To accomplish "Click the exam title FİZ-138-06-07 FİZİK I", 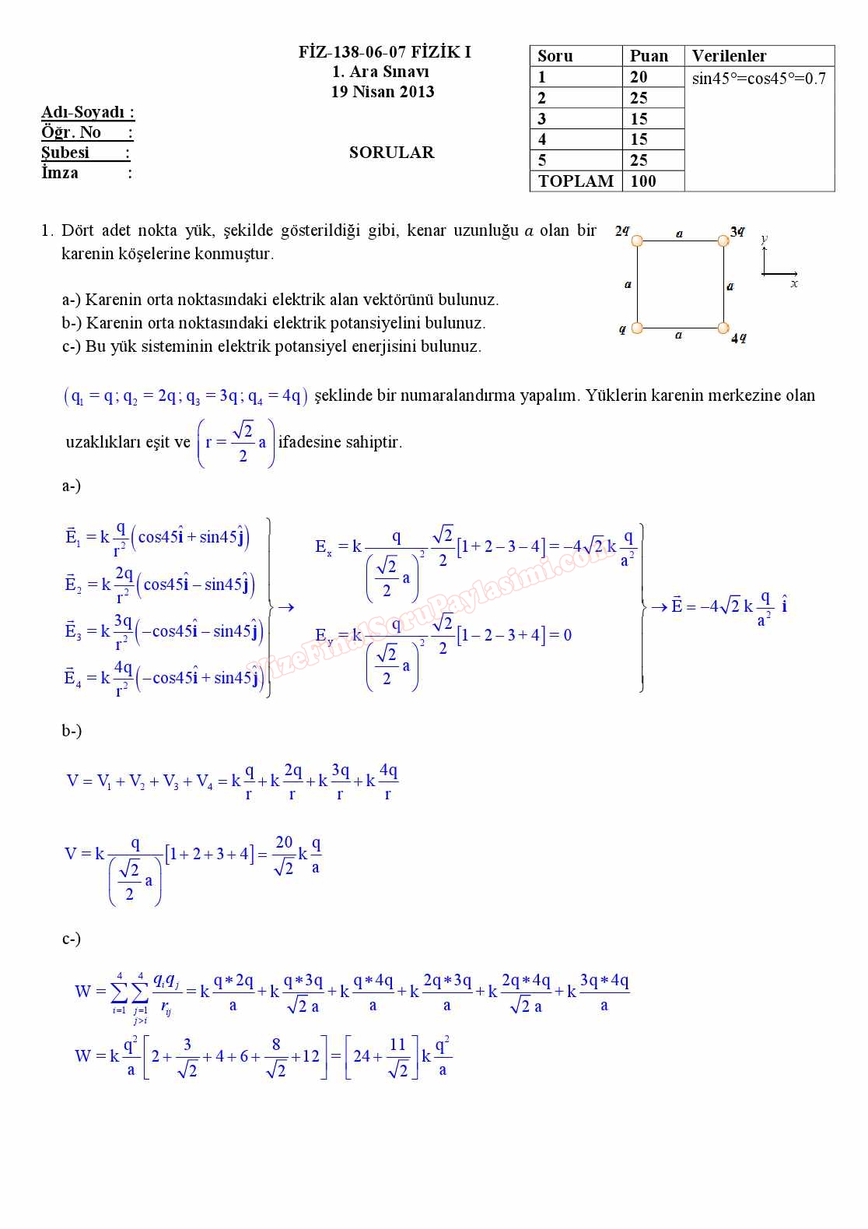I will point(385,52).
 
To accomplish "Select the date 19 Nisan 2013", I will point(383,92).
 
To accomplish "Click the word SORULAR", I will point(391,153).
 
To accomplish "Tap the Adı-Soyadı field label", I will point(87,112).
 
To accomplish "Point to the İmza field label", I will point(60,173).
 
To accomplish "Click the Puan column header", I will point(649,56).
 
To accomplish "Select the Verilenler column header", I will point(729,56).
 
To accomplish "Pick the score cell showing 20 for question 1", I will point(639,77).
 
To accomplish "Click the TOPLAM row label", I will point(576,181).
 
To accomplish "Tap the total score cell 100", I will point(643,181).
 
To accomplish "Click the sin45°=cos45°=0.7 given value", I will point(758,79).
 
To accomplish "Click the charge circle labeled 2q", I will point(637,241).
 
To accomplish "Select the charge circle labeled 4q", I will point(723,328).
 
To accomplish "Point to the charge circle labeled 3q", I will point(723,241).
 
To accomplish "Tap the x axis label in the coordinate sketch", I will point(794,284).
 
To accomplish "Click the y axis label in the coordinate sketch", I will point(765,238).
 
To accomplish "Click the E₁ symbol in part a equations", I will point(72,536).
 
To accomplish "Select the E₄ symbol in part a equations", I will point(72,677).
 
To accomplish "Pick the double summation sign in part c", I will point(129,992).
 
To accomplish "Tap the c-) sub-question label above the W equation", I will point(72,939).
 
